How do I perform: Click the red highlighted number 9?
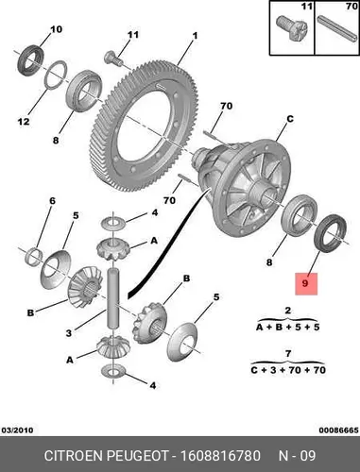(305, 283)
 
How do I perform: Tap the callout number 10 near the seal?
(57, 29)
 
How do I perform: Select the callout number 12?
(24, 121)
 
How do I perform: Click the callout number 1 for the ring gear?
(195, 36)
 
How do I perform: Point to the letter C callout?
(290, 119)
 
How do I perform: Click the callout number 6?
(52, 201)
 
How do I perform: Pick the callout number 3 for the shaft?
(69, 332)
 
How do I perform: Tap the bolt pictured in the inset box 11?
(291, 28)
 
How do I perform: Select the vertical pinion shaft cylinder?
(113, 297)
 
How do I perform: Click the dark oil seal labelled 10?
(30, 60)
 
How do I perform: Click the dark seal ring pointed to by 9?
(331, 233)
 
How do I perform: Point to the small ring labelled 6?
(34, 257)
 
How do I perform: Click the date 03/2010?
(17, 430)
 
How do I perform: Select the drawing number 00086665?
(338, 430)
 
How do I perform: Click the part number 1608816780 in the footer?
(220, 456)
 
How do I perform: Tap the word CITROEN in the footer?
(74, 456)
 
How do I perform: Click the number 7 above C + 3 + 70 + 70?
(288, 354)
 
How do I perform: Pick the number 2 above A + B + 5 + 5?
(288, 311)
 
